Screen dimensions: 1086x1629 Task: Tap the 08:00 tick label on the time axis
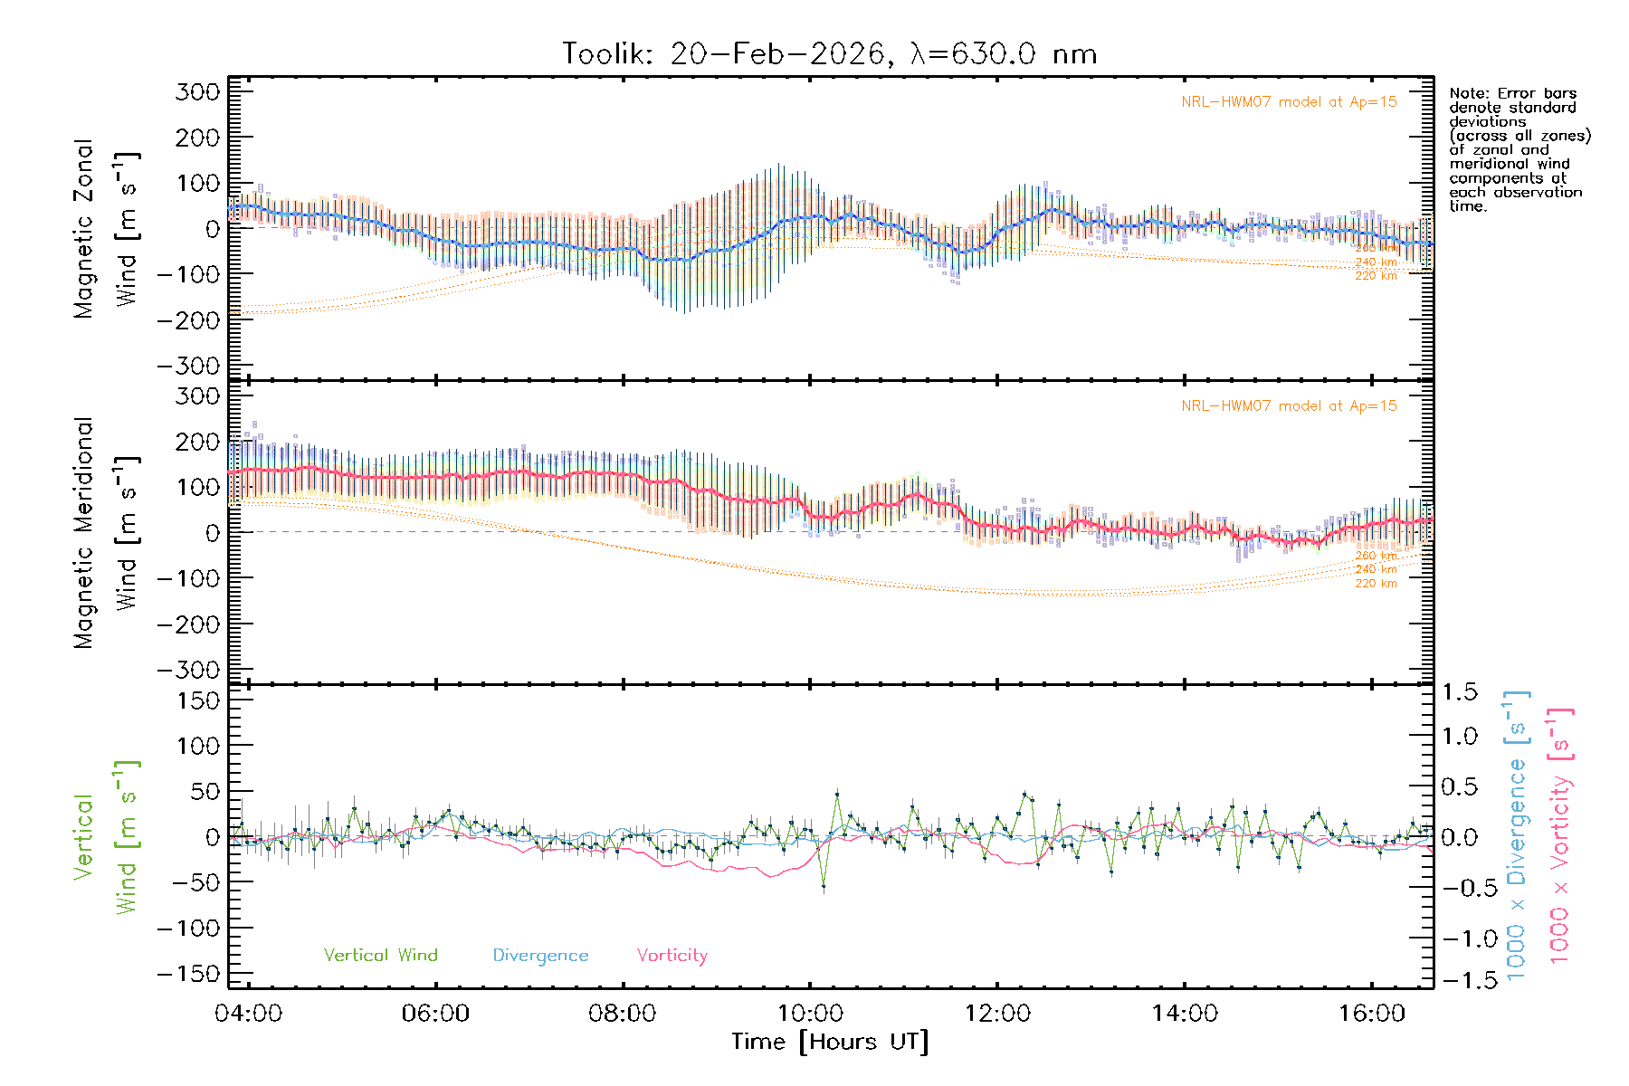click(622, 1014)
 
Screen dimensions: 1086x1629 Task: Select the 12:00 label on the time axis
click(997, 1014)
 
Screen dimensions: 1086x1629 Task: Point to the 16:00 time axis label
click(1372, 1014)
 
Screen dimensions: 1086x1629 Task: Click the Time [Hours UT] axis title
click(830, 1042)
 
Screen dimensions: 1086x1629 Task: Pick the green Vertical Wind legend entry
click(380, 955)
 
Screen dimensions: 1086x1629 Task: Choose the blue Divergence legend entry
click(540, 955)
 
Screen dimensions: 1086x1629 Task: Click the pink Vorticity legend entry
click(672, 955)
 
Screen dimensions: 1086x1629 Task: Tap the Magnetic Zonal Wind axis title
click(105, 229)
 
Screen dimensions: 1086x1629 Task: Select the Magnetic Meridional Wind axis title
click(105, 533)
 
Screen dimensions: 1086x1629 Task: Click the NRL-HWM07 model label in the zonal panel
click(1289, 102)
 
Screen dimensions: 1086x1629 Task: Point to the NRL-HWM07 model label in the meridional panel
click(1289, 406)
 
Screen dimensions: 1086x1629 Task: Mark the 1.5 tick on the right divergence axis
click(1459, 692)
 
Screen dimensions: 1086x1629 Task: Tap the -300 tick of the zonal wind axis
click(188, 367)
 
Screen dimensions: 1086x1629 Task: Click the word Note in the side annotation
click(1467, 93)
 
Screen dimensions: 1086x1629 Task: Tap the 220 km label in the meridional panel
click(1376, 584)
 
